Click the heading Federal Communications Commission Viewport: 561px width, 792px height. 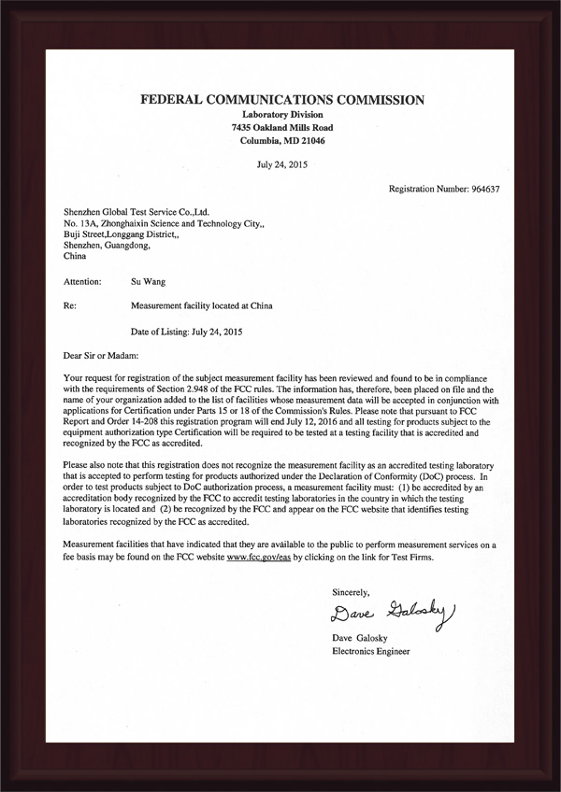point(281,99)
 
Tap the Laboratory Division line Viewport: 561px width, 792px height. point(281,114)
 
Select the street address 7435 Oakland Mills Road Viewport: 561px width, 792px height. point(281,127)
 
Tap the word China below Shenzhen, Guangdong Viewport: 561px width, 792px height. point(73,254)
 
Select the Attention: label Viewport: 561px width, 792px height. point(84,279)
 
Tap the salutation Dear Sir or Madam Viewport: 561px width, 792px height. point(100,355)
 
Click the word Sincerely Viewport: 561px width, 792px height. point(352,592)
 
